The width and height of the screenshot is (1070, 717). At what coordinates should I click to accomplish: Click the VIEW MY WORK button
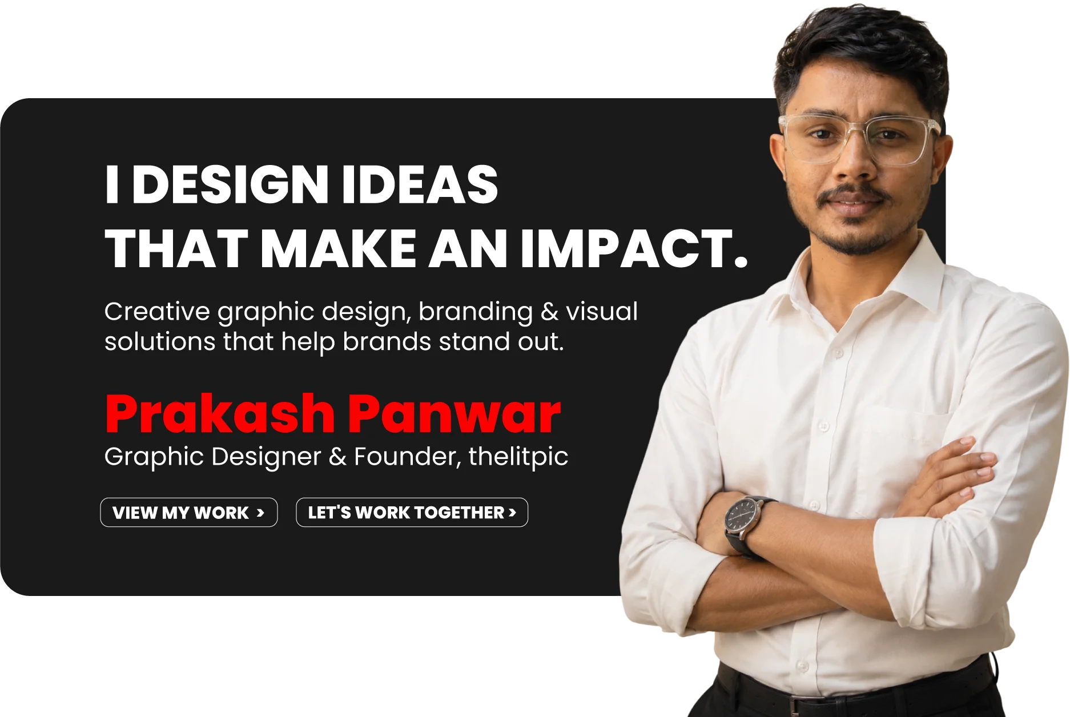tap(189, 512)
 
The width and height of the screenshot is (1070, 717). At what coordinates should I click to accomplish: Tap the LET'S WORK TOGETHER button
tap(412, 512)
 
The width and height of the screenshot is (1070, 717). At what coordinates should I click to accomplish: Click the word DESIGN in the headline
tap(230, 184)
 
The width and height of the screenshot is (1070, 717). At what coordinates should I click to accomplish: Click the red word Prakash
tap(220, 414)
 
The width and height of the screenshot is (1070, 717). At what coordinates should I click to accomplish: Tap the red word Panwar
tap(454, 414)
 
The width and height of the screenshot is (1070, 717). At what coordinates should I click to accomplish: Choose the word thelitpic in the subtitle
tap(518, 457)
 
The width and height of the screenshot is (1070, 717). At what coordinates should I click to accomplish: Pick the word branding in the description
tap(476, 312)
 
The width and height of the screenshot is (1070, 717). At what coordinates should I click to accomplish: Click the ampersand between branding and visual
tap(549, 312)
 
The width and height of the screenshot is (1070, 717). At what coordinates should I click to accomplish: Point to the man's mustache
tap(854, 195)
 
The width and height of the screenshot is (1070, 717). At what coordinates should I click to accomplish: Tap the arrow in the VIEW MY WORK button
tap(260, 513)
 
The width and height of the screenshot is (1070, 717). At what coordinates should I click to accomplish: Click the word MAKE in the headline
tap(339, 248)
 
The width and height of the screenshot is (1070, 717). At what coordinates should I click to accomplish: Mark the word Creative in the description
tap(157, 312)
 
